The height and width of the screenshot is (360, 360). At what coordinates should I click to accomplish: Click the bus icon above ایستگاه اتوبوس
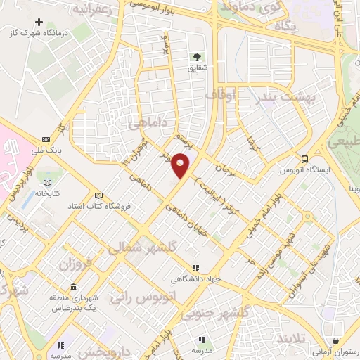click(305, 158)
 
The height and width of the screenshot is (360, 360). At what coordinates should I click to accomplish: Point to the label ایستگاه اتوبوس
click(306, 169)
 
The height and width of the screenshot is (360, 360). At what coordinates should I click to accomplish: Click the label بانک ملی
click(46, 149)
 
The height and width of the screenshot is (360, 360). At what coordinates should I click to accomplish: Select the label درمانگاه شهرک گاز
click(43, 34)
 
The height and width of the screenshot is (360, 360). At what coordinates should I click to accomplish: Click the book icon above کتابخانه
click(47, 181)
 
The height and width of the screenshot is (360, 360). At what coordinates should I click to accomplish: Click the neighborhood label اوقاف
click(219, 93)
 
